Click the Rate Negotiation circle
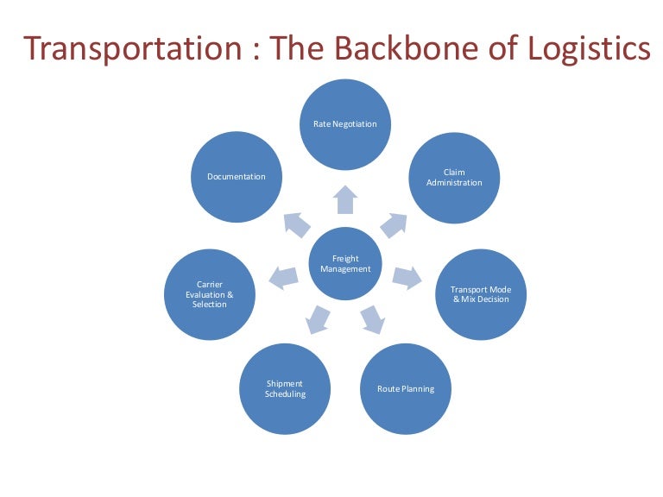tap(345, 124)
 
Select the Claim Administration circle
tap(454, 177)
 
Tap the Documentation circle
tap(237, 177)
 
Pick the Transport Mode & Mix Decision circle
tap(480, 294)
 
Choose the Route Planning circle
tap(406, 388)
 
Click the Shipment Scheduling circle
tap(285, 388)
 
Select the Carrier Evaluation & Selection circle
tap(210, 294)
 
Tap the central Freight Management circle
tap(345, 263)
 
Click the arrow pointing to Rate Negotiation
tap(345, 199)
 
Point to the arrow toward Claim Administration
tap(392, 224)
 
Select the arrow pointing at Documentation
tap(297, 224)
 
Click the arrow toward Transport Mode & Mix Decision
tap(407, 276)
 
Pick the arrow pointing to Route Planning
tap(372, 318)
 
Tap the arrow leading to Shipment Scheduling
tap(318, 318)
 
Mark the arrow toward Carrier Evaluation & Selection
tap(283, 276)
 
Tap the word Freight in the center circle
tap(345, 258)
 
